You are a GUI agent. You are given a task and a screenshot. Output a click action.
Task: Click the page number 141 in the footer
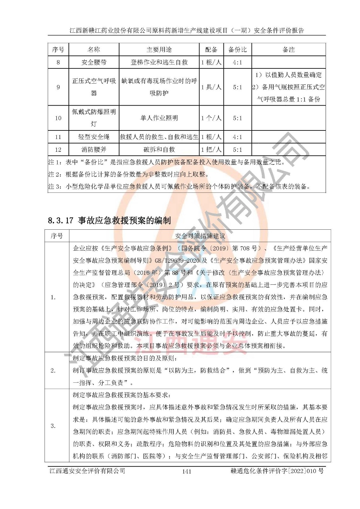pyautogui.click(x=187, y=471)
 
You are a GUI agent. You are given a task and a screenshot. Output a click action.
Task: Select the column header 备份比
pyautogui.click(x=237, y=50)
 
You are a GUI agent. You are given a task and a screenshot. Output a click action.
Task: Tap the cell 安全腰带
pyautogui.click(x=94, y=62)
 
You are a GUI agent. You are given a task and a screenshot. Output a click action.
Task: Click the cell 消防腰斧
pyautogui.click(x=94, y=150)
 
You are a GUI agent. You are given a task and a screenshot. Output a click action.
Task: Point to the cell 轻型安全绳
pyautogui.click(x=94, y=137)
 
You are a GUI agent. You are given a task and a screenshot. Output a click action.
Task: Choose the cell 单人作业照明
pyautogui.click(x=159, y=118)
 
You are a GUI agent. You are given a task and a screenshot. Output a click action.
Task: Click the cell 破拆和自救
pyautogui.click(x=159, y=150)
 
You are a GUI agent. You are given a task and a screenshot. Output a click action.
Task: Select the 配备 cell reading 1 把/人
pyautogui.click(x=211, y=150)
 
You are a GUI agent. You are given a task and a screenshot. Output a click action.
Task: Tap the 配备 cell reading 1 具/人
pyautogui.click(x=211, y=87)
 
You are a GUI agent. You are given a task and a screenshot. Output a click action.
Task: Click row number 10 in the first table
pyautogui.click(x=58, y=118)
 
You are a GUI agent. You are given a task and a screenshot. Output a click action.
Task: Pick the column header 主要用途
pyautogui.click(x=159, y=50)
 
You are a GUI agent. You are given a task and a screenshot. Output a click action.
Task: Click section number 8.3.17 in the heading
pyautogui.click(x=60, y=220)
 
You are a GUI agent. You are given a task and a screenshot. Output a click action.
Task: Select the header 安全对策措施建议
pyautogui.click(x=200, y=236)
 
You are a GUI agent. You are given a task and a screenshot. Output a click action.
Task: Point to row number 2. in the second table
pyautogui.click(x=53, y=370)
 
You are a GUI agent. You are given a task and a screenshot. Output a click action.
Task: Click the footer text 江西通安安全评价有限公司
pyautogui.click(x=87, y=471)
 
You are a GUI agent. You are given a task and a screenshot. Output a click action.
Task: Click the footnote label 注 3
pyautogui.click(x=54, y=186)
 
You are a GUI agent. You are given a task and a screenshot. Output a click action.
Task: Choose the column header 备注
pyautogui.click(x=289, y=50)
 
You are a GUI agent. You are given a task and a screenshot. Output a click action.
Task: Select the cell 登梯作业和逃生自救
pyautogui.click(x=159, y=62)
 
